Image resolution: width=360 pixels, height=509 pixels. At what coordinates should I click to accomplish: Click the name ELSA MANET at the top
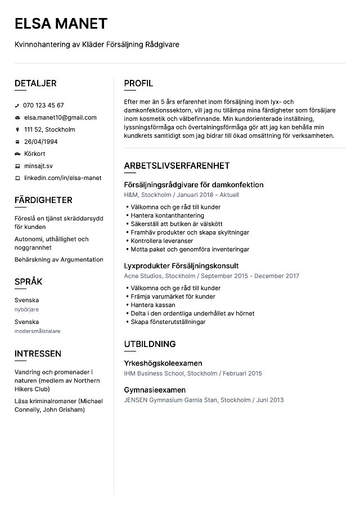[x=61, y=23]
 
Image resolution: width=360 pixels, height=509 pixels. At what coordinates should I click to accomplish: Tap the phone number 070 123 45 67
[x=43, y=105]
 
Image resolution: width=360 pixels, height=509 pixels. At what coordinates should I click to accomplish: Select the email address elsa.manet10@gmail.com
[x=60, y=118]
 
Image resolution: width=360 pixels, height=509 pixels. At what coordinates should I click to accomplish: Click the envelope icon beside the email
[x=17, y=118]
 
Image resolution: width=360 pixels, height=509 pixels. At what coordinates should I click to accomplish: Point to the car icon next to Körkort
[x=17, y=154]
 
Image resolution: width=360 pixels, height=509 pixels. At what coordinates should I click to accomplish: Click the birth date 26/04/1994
[x=40, y=142]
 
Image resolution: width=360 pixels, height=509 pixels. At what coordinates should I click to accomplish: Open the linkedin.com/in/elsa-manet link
[x=62, y=178]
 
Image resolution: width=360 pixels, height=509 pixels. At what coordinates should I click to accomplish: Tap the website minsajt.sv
[x=38, y=166]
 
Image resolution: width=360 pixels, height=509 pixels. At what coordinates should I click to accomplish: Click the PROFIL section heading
[x=138, y=83]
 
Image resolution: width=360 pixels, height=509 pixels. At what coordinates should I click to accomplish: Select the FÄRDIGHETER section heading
[x=43, y=200]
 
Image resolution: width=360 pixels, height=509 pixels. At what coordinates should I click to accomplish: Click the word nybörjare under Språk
[x=26, y=309]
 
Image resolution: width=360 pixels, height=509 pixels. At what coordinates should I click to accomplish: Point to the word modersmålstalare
[x=37, y=331]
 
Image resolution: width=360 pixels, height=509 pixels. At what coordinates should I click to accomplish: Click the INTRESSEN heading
[x=38, y=354]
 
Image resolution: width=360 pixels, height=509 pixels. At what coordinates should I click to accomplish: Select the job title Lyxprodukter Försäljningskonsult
[x=181, y=265]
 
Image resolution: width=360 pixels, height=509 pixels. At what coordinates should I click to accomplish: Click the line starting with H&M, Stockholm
[x=181, y=195]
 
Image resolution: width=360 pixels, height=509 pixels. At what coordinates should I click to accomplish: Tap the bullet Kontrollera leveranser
[x=161, y=241]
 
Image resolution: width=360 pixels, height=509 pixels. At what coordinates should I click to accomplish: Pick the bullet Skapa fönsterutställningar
[x=168, y=322]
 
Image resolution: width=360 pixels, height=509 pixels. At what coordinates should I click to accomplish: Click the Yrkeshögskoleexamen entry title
[x=163, y=363]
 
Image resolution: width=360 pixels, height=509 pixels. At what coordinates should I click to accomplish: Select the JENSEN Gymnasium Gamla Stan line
[x=203, y=400]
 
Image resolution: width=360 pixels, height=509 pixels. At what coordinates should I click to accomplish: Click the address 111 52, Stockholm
[x=49, y=129]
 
